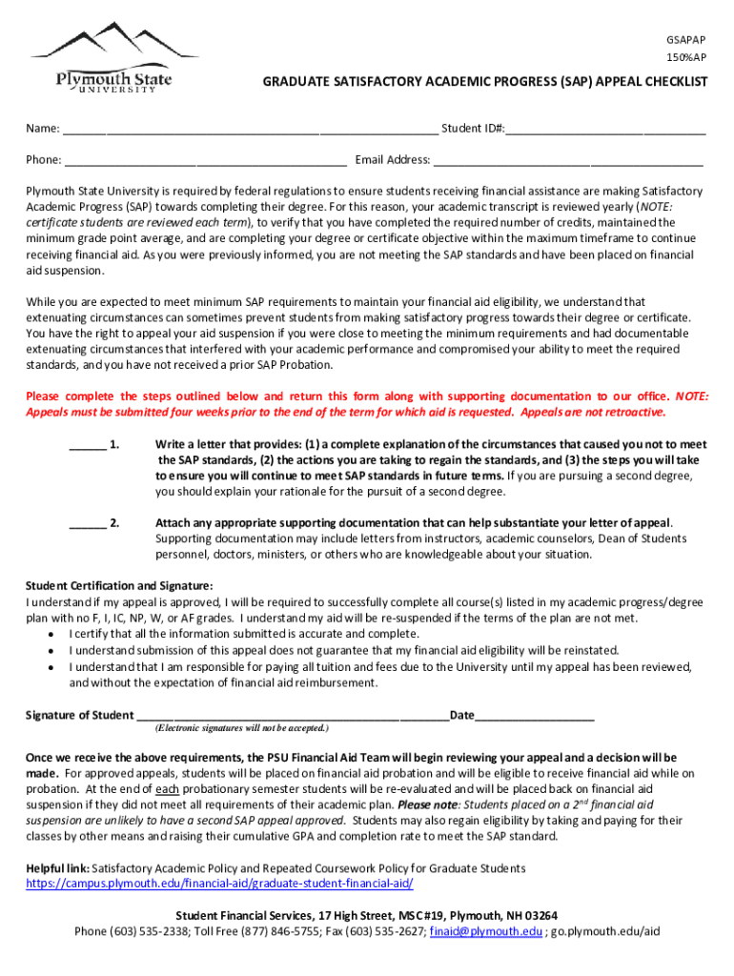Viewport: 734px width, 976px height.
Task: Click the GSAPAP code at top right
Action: point(685,40)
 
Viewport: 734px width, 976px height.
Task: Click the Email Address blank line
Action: point(568,161)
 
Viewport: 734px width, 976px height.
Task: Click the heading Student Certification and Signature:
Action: point(119,585)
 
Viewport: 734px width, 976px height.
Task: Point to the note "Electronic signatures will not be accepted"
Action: point(241,728)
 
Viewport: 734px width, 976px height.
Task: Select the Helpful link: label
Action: point(57,868)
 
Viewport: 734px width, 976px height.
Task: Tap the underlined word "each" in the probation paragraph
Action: point(168,789)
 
